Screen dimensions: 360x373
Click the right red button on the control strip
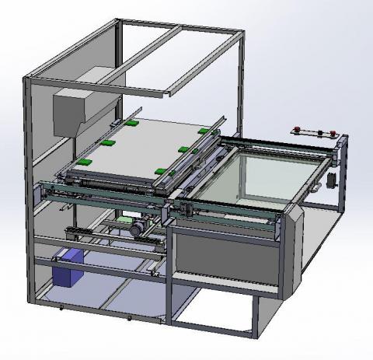click(332, 131)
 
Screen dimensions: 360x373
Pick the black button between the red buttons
click(314, 129)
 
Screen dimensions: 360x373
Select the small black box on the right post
click(331, 180)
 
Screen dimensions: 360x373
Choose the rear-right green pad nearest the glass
click(207, 132)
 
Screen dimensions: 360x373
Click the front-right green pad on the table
click(159, 170)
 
